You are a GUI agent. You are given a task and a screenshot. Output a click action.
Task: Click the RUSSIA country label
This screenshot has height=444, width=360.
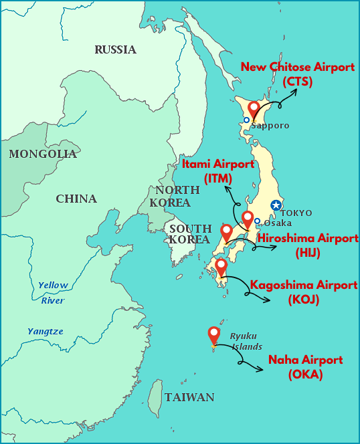115,49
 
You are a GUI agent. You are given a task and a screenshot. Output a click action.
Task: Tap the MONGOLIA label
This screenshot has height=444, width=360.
43,154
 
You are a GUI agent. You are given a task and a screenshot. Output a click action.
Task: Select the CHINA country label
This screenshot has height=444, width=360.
76,199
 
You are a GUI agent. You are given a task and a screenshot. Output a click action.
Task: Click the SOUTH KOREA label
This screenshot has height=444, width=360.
190,234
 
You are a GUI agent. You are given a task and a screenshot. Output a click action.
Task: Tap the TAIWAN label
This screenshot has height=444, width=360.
189,397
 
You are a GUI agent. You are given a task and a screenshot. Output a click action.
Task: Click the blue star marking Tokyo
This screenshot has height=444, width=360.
275,205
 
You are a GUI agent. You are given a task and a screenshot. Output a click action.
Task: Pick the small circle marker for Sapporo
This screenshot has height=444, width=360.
246,120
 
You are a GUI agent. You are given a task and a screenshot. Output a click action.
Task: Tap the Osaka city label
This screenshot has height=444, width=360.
278,223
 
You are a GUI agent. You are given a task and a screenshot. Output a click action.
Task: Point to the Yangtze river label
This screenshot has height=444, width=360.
46,331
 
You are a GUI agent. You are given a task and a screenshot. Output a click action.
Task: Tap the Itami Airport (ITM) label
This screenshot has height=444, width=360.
218,171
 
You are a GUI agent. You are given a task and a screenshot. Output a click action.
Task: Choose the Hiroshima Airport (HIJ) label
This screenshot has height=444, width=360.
308,245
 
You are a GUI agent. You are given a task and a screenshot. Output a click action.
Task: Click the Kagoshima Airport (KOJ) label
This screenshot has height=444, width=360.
304,292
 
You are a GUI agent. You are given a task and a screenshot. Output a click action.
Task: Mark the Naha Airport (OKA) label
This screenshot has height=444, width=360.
305,367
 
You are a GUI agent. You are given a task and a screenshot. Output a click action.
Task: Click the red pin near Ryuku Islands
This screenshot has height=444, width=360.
214,334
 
